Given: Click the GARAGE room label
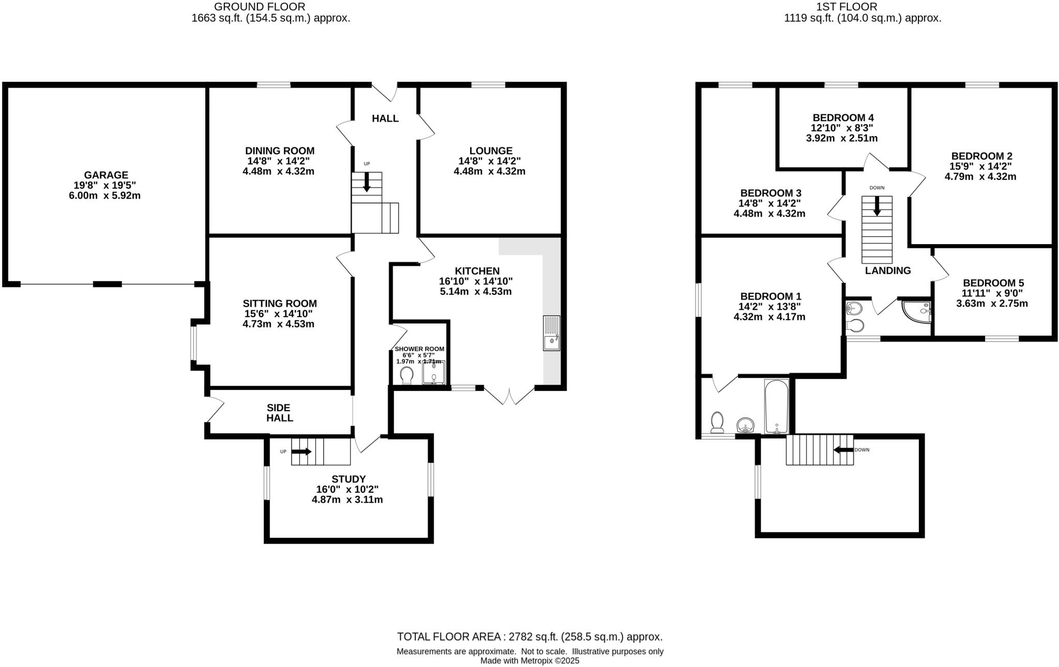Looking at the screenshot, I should [106, 175].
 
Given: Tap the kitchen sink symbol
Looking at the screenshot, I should [551, 333].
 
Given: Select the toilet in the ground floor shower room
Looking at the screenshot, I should [406, 375].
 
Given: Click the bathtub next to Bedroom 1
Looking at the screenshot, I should [776, 406].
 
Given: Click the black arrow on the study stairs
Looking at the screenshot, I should [301, 451].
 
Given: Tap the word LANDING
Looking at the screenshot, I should [887, 270].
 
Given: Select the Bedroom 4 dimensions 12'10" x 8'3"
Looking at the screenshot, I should [842, 128].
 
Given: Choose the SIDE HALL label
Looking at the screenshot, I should [279, 413].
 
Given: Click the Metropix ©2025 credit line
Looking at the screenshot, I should [529, 661].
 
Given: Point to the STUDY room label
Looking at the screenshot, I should [349, 479].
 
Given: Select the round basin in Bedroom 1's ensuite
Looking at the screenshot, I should [745, 425].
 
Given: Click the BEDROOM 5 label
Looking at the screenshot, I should [993, 283].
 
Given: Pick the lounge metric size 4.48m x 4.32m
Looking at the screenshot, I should [489, 171].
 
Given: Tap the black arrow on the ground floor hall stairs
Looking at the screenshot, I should [367, 183].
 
